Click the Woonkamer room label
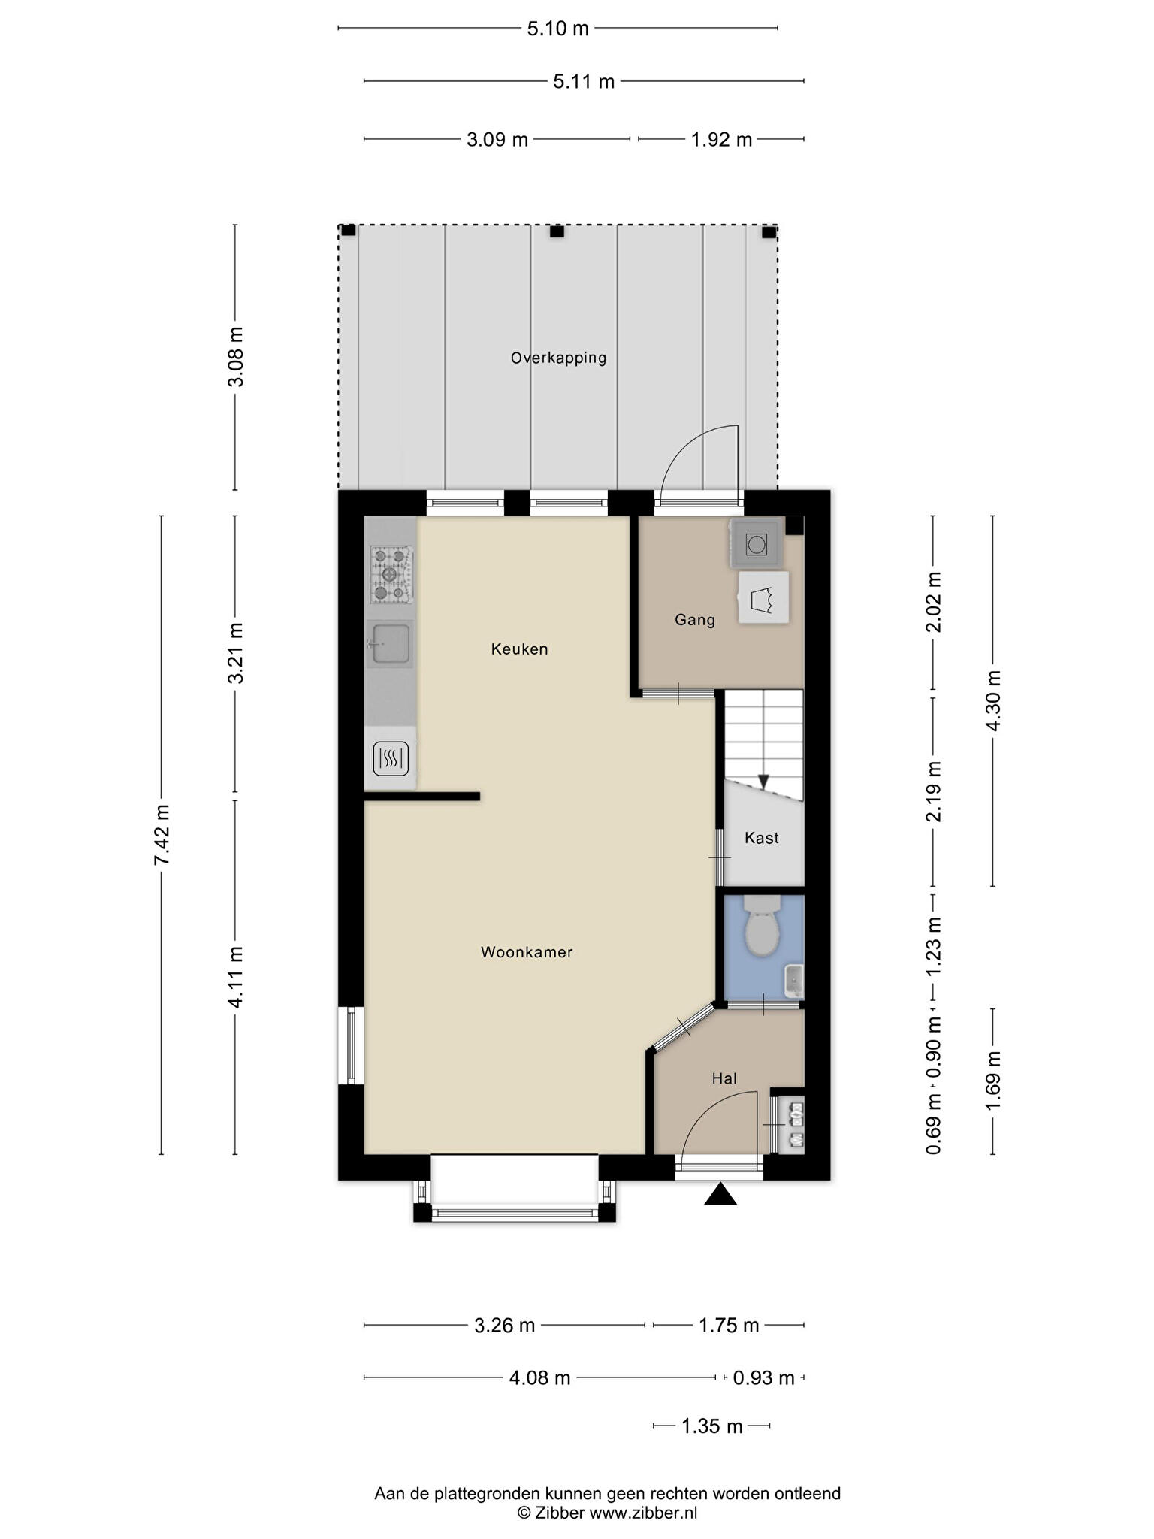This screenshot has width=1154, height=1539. point(527,953)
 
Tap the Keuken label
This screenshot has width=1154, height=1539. point(520,649)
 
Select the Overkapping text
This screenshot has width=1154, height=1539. point(558,358)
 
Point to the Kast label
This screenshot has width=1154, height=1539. point(761,838)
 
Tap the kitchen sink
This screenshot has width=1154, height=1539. point(389,644)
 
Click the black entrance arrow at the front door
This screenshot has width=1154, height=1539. point(720,1194)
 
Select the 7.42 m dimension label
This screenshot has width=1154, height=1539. point(162,834)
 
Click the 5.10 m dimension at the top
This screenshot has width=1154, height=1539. point(558,29)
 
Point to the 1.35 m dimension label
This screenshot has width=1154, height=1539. point(711,1426)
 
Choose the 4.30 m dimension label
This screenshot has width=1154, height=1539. point(993,700)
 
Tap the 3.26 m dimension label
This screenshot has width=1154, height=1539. point(505,1325)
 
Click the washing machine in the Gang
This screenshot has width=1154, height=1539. point(757,543)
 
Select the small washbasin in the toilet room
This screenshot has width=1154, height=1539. point(793,981)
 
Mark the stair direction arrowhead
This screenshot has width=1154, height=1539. point(763,782)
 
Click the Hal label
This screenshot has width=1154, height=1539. point(724,1078)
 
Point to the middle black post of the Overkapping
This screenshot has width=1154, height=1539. point(557,231)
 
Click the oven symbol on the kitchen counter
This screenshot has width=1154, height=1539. point(391,758)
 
